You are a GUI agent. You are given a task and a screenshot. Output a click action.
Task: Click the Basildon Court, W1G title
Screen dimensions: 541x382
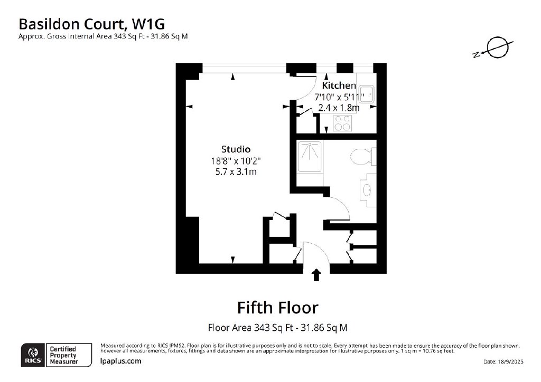91,24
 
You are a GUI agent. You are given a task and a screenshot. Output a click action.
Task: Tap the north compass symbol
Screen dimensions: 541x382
493,49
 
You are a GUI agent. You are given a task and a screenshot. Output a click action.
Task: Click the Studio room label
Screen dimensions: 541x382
236,149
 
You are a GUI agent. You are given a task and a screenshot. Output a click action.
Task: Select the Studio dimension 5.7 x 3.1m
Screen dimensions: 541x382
236,171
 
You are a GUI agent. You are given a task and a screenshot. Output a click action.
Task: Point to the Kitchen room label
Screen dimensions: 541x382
339,85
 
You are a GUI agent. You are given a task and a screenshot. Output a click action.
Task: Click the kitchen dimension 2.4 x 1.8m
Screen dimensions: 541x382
339,108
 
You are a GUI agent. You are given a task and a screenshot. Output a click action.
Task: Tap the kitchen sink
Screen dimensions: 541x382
366,94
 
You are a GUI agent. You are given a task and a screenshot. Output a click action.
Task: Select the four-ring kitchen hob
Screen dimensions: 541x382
342,123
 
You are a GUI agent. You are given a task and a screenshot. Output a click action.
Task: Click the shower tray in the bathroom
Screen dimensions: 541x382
310,156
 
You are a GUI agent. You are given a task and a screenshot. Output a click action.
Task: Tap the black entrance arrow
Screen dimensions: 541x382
316,275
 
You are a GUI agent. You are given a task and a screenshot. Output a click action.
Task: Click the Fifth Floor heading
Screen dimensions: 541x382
278,308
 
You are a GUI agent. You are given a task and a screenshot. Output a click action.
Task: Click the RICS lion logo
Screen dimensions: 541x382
33,355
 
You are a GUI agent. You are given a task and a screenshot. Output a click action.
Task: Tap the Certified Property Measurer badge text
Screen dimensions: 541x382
63,355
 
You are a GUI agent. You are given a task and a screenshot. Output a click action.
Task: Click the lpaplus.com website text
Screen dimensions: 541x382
120,361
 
